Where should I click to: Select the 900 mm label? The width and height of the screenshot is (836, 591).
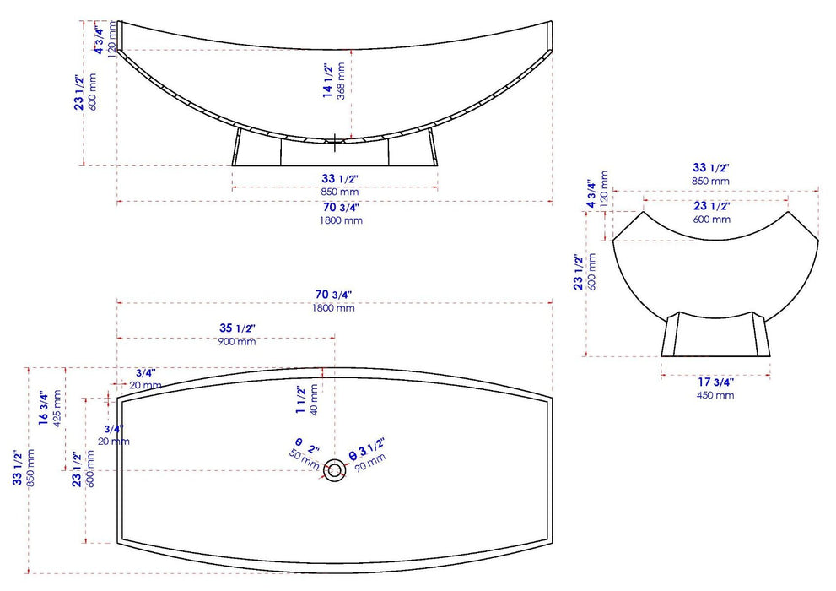pyautogui.click(x=237, y=342)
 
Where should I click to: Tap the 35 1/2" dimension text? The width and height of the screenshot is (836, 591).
pyautogui.click(x=237, y=328)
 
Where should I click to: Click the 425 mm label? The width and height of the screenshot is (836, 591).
pyautogui.click(x=57, y=409)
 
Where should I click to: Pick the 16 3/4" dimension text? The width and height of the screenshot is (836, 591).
pyautogui.click(x=44, y=409)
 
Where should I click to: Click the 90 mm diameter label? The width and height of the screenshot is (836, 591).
pyautogui.click(x=372, y=464)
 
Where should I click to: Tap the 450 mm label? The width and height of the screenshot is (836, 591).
pyautogui.click(x=715, y=395)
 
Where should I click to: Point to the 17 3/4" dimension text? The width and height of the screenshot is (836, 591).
pyautogui.click(x=715, y=382)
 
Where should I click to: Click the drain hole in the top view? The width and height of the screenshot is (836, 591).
pyautogui.click(x=335, y=469)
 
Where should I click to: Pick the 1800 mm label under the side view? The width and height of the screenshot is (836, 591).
pyautogui.click(x=341, y=220)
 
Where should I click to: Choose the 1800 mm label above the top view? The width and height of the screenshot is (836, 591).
pyautogui.click(x=333, y=308)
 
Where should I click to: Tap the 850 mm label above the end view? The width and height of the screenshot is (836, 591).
pyautogui.click(x=711, y=181)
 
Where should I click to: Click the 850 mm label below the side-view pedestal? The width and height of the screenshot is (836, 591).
pyautogui.click(x=340, y=191)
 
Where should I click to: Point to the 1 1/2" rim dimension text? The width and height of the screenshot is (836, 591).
pyautogui.click(x=300, y=394)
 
